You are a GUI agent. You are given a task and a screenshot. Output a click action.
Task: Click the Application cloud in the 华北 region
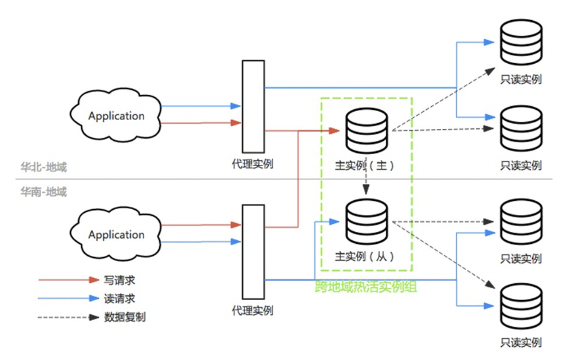pos(115,115)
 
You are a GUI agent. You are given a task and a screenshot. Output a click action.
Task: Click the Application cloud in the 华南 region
pos(115,235)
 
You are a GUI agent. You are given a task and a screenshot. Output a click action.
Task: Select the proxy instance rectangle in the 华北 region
pos(253,107)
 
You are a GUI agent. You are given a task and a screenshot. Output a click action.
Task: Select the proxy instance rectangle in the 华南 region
pos(253,251)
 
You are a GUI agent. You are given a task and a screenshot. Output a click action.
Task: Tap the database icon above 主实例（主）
pos(367,131)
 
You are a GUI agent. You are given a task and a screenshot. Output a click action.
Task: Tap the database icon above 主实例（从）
pos(367,222)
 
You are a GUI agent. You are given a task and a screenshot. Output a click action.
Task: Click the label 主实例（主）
pos(365,166)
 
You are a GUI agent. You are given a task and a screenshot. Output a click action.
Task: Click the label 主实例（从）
pos(365,257)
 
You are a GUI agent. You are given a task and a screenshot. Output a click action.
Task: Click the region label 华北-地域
pos(43,167)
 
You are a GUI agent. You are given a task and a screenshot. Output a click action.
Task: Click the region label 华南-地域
pos(43,192)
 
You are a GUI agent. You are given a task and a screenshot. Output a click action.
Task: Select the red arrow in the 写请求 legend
pos(69,280)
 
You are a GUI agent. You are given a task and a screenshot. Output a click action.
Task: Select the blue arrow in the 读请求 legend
pos(69,298)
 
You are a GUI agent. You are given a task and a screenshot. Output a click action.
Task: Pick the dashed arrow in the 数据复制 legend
pos(69,318)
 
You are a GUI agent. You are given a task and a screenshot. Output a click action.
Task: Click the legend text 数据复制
pos(125,318)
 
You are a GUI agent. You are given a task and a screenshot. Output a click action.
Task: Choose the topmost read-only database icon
pos(521,42)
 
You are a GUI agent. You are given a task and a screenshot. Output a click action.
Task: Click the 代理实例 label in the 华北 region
pos(253,164)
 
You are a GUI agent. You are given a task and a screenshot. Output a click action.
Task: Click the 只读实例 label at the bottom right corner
pos(521,343)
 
